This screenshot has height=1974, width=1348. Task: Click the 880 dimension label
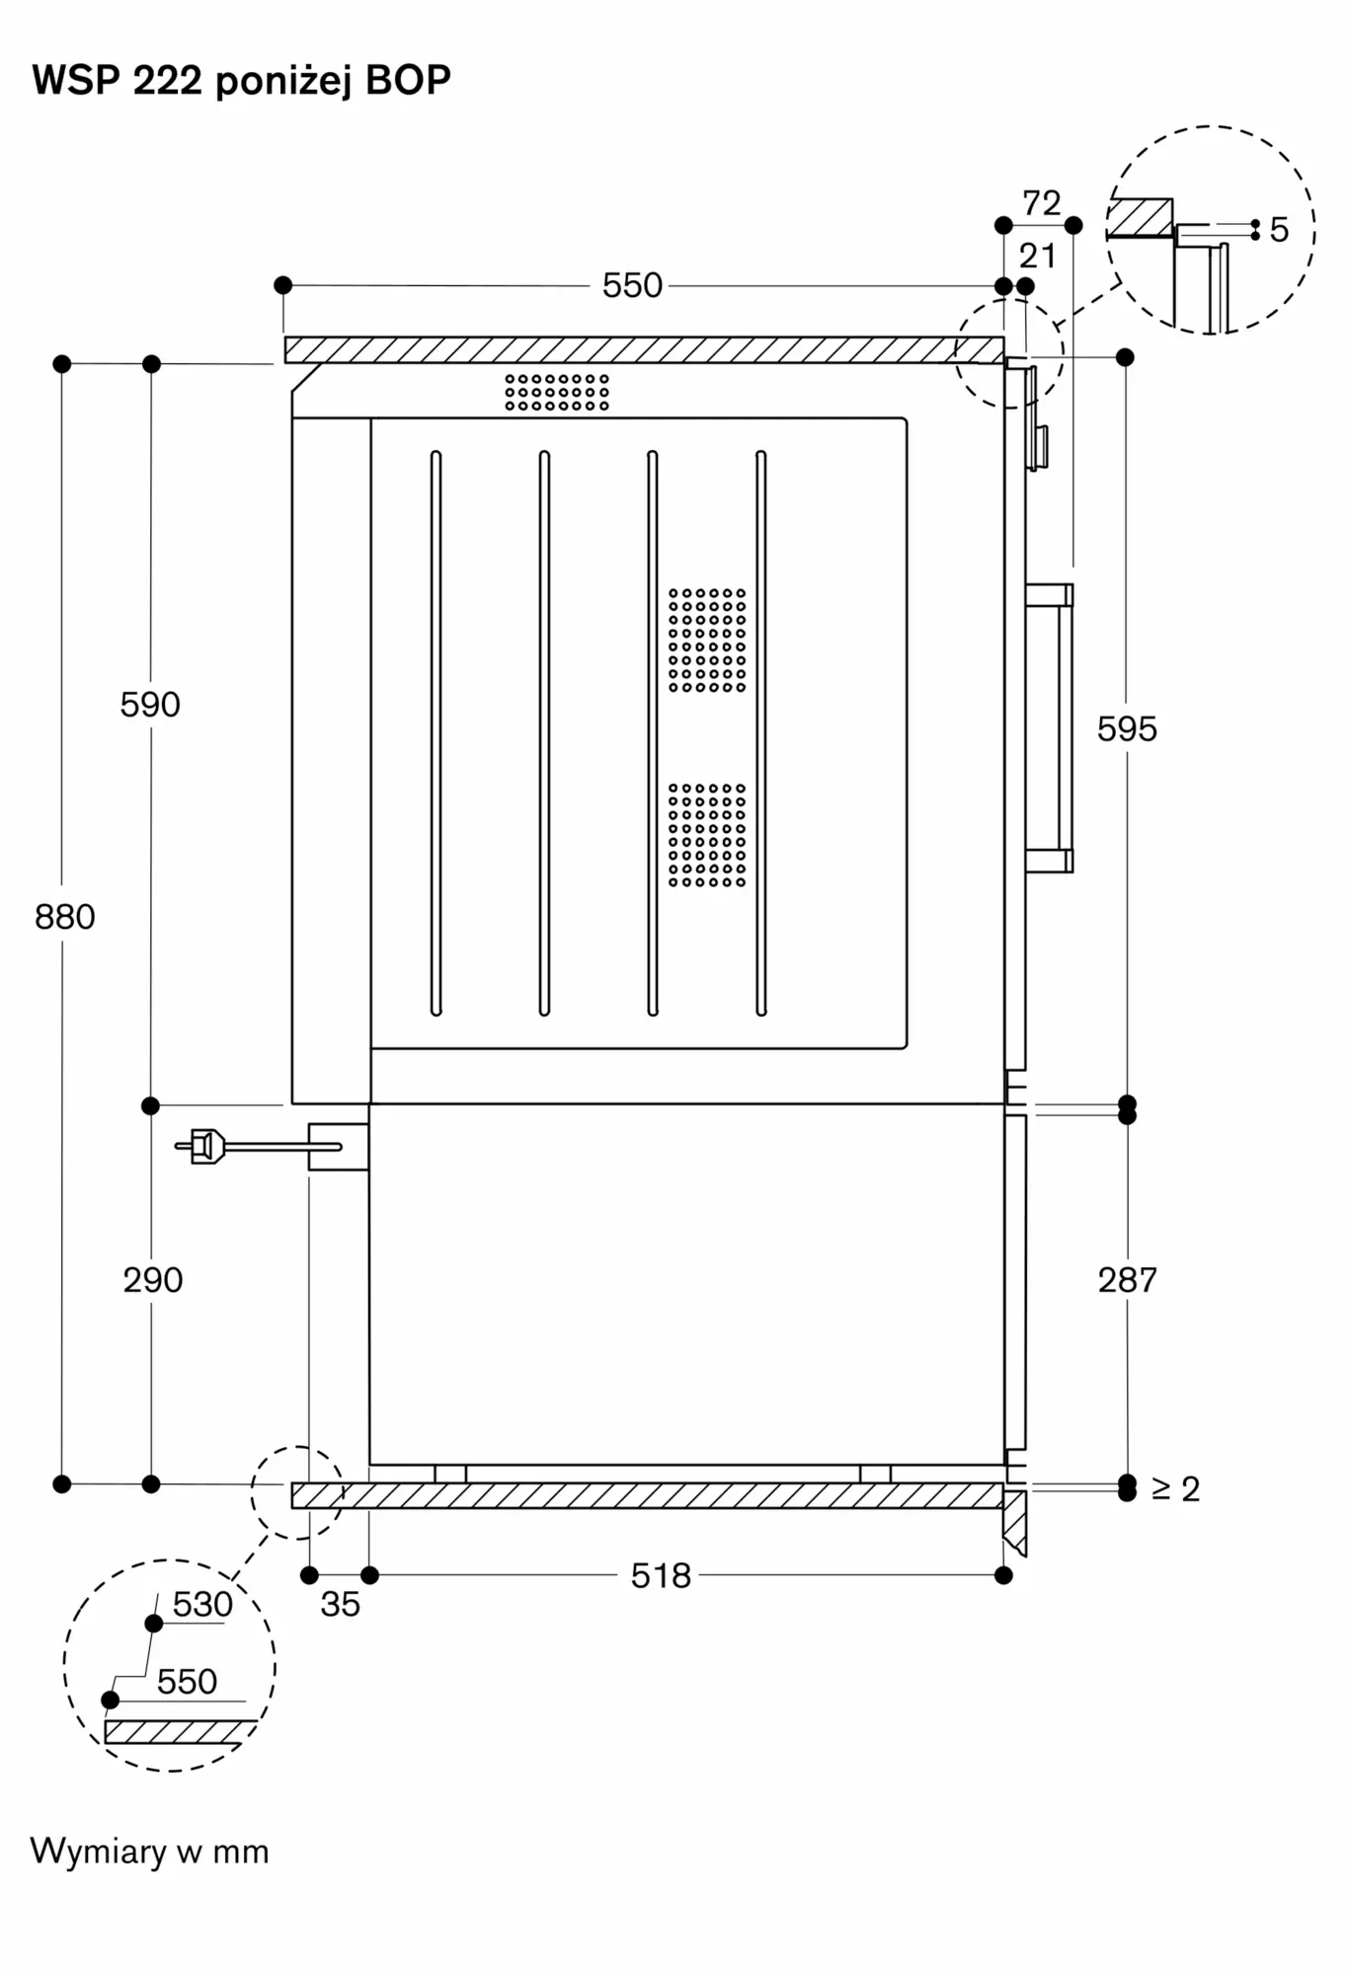click(65, 917)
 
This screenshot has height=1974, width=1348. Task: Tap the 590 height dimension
click(150, 705)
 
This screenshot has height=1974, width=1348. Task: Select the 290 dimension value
click(153, 1280)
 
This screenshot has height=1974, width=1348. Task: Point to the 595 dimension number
click(1127, 729)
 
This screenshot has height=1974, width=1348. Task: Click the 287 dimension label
click(1127, 1280)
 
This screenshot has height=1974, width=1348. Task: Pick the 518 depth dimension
click(661, 1575)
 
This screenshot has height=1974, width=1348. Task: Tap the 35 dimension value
click(340, 1604)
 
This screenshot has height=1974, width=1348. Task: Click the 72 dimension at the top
click(1041, 203)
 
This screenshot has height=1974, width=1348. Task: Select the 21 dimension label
click(1037, 257)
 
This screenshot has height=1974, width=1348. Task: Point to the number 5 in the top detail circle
click(1279, 230)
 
